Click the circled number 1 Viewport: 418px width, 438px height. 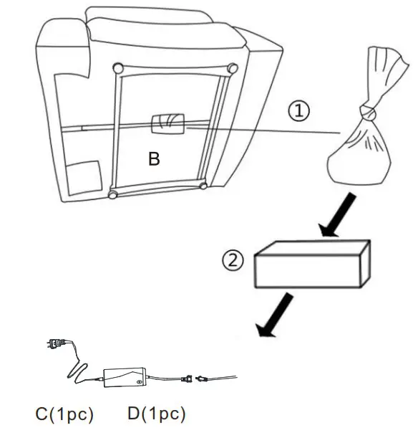[300, 111]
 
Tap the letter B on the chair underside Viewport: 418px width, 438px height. [154, 159]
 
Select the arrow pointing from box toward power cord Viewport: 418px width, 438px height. [276, 313]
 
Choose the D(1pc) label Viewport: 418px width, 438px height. [155, 414]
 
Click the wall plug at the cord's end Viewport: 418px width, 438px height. [54, 344]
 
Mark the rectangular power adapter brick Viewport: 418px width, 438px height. [125, 378]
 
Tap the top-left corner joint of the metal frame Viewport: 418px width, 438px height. [118, 69]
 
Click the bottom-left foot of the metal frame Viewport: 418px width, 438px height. [112, 194]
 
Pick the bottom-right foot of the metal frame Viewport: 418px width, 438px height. [203, 186]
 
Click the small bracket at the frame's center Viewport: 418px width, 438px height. [168, 123]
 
